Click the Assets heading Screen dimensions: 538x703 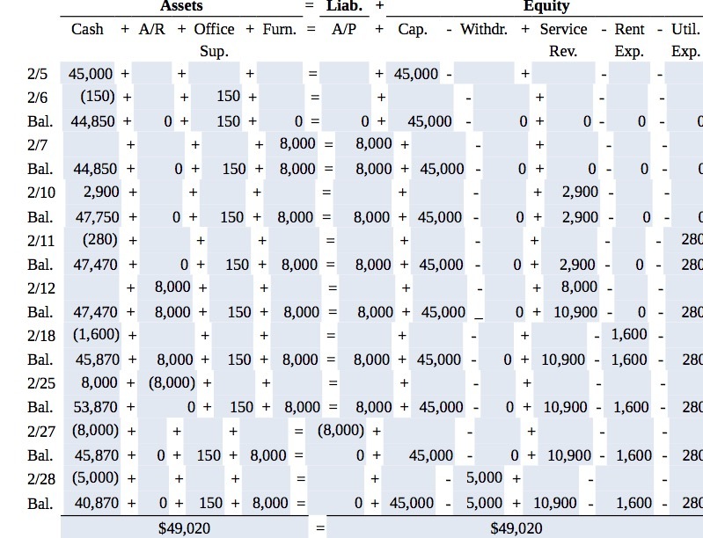point(181,7)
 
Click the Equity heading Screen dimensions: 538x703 point(546,7)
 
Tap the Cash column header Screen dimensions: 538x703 point(87,30)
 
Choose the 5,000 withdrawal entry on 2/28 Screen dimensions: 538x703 point(484,478)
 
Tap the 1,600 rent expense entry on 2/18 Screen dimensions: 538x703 point(629,335)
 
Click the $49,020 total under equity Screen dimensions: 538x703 point(516,527)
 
